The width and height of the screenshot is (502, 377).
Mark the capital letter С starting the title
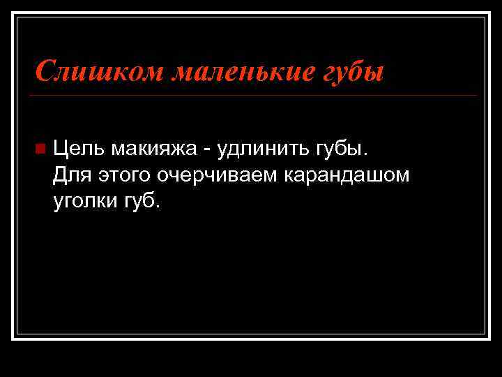[44, 71]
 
